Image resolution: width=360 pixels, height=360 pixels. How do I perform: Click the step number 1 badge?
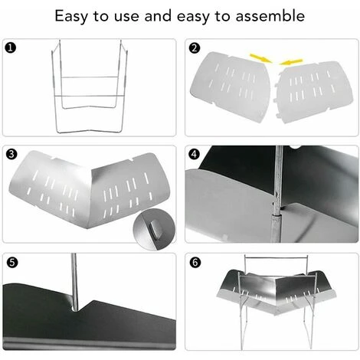[11, 48]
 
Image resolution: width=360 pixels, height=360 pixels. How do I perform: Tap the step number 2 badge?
[195, 48]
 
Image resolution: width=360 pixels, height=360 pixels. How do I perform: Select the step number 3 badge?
[11, 154]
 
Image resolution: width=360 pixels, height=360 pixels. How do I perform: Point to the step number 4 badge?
[195, 154]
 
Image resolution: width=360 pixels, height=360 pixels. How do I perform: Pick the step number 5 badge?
[12, 263]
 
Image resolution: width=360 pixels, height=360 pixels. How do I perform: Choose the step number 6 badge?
[195, 263]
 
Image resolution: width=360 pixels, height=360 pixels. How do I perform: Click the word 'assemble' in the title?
[270, 16]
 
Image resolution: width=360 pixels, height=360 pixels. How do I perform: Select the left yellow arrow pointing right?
[260, 58]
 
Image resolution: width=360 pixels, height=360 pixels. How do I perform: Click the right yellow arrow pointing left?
[290, 62]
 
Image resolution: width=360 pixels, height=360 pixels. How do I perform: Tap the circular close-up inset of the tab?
[155, 229]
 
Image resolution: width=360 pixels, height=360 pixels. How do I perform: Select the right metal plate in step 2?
[313, 93]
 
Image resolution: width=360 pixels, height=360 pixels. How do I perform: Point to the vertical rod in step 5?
[74, 282]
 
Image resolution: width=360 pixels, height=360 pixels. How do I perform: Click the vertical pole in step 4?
[277, 194]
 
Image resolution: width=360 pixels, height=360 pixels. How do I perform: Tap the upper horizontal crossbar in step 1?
[90, 77]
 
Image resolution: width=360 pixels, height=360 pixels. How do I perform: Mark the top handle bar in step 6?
[276, 258]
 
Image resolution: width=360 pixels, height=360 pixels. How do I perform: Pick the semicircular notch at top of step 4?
[296, 148]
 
